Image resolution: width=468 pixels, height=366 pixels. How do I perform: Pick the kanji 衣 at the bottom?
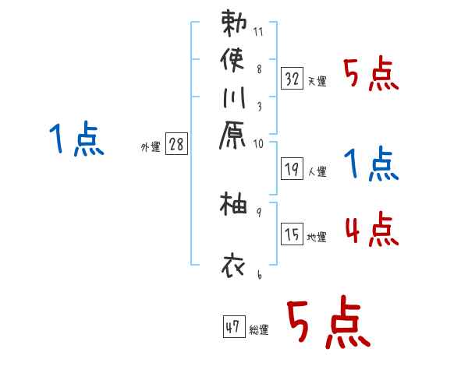click(x=234, y=266)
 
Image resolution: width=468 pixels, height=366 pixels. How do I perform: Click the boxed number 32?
click(x=292, y=79)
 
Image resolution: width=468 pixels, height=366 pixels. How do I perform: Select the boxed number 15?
click(x=292, y=234)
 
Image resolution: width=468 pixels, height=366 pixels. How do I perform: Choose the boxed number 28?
click(x=176, y=144)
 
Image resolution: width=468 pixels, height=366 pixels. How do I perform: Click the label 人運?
click(x=317, y=169)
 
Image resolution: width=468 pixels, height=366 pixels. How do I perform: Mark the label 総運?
click(x=259, y=330)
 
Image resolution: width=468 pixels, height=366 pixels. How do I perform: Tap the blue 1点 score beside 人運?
click(x=371, y=164)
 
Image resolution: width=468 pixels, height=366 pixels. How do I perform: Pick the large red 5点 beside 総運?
click(x=328, y=323)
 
